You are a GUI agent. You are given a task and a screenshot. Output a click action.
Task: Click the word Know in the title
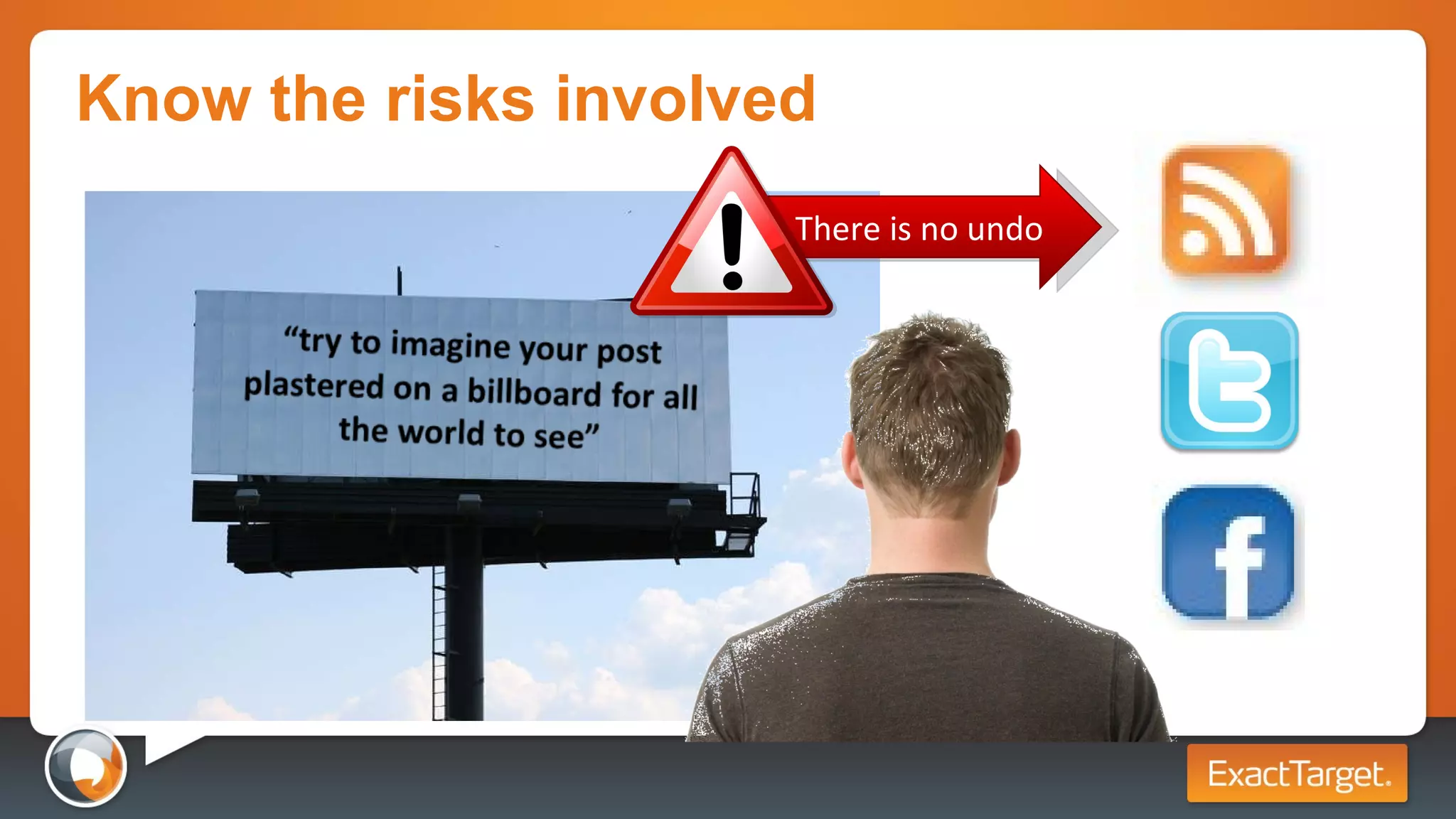tap(164, 100)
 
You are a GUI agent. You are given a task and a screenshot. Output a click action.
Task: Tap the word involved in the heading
tap(685, 100)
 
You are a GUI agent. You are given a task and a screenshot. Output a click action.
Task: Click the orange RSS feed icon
tap(1226, 210)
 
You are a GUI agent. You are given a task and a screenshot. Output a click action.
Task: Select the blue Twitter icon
tap(1229, 380)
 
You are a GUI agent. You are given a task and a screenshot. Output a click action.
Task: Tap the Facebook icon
tap(1229, 552)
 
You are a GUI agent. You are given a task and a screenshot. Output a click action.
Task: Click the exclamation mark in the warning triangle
tap(732, 245)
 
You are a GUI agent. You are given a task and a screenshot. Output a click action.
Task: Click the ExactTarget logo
tap(1297, 773)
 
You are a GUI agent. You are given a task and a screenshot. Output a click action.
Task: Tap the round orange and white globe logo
tap(86, 767)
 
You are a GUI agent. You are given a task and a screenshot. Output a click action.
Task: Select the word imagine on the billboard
tap(451, 345)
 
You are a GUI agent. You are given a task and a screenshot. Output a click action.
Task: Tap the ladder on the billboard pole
tap(439, 640)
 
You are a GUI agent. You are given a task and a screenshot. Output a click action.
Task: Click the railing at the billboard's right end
tap(744, 494)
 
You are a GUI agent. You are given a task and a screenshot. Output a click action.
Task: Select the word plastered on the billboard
tap(314, 385)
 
